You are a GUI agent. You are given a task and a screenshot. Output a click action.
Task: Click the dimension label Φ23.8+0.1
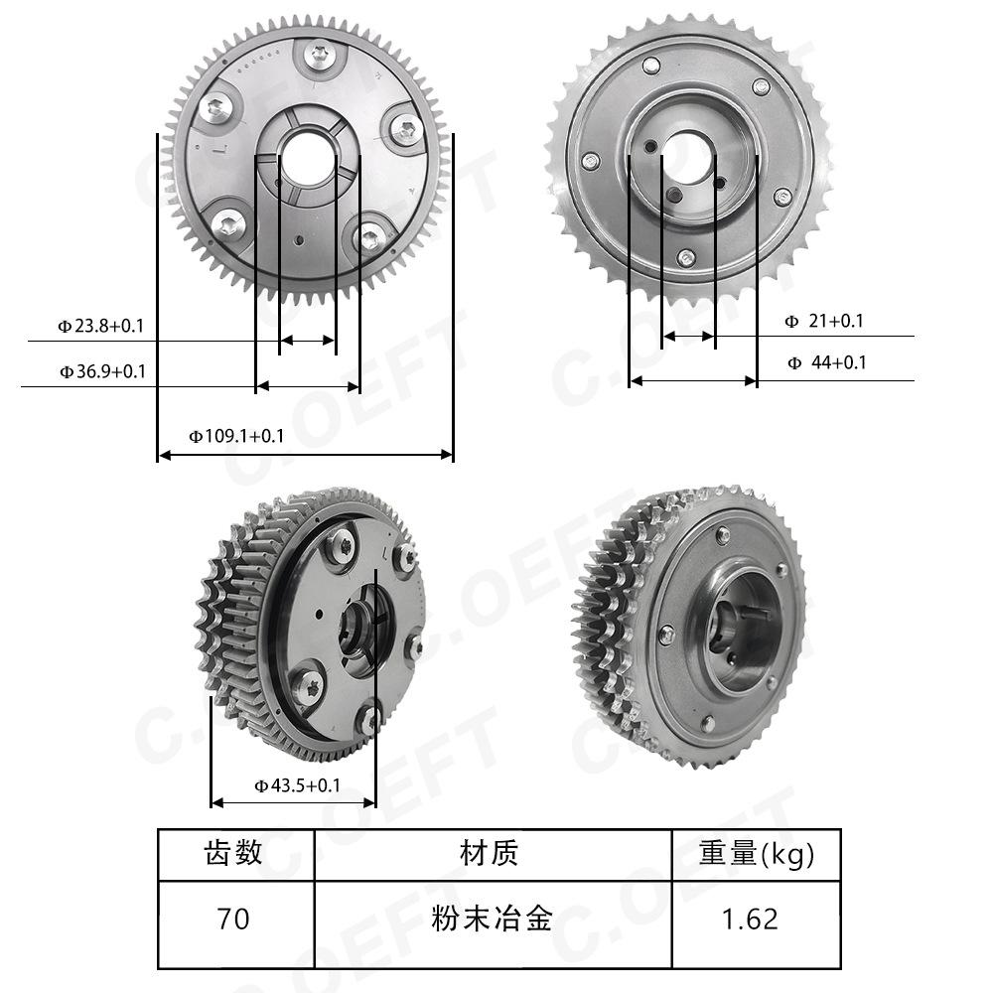[101, 326]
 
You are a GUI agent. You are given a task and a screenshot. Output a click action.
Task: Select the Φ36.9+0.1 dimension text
[102, 371]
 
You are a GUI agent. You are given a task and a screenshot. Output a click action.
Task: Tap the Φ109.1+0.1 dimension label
[236, 436]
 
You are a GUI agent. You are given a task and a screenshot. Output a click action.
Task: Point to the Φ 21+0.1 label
[824, 321]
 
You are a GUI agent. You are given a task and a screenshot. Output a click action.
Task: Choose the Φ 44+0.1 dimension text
[826, 362]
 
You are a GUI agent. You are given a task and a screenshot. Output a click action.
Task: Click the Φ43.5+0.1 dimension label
[297, 785]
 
